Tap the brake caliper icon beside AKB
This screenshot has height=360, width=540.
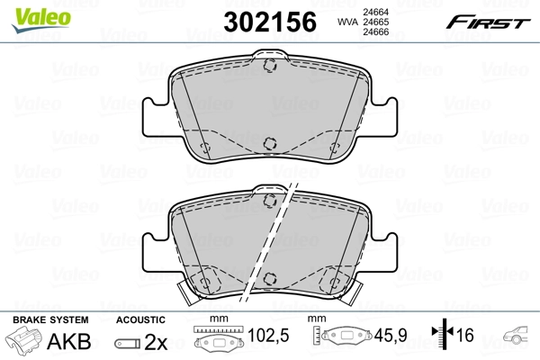(23, 343)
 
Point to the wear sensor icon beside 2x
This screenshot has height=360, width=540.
(127, 344)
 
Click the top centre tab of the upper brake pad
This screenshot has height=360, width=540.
(269, 64)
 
